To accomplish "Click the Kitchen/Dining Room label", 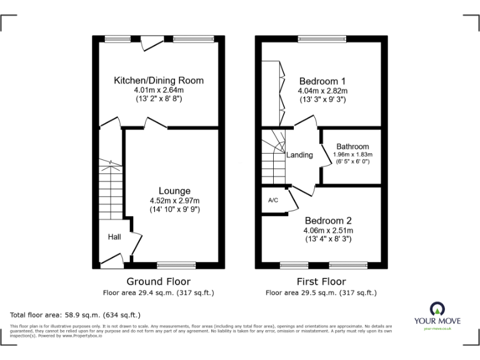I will (158, 81).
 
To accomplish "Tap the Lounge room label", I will (174, 191).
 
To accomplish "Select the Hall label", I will (114, 237).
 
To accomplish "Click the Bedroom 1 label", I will (322, 81).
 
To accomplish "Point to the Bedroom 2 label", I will (328, 221).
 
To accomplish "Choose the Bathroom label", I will (352, 147).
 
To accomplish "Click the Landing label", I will (299, 155).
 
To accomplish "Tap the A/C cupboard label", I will (273, 201).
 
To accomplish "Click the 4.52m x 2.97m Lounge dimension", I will (174, 200).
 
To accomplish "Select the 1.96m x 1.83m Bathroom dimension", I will (352, 154).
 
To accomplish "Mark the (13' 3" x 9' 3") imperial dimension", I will (322, 99).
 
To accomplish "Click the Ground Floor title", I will (159, 282).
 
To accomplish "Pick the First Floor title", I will (321, 282).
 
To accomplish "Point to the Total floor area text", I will (76, 315).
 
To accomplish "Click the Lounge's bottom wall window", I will (176, 264).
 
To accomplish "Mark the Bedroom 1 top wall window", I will (322, 39).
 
